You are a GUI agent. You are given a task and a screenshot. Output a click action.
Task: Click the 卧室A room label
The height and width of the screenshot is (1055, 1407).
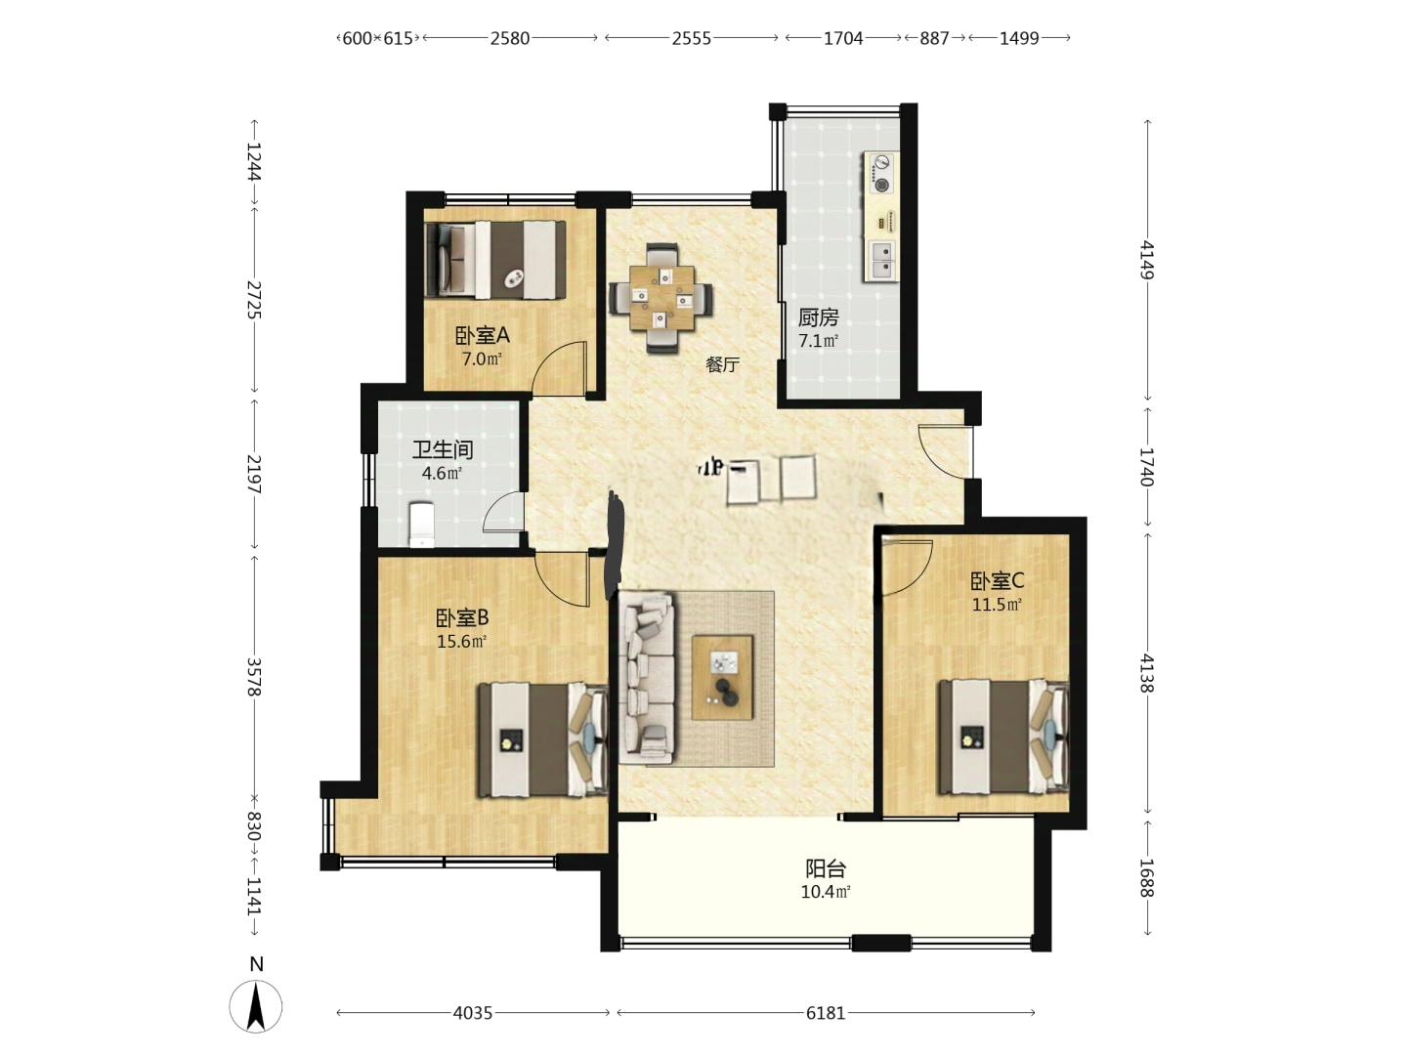(x=482, y=335)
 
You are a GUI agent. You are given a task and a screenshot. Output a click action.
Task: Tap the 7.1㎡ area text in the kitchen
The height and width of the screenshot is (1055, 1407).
(x=818, y=341)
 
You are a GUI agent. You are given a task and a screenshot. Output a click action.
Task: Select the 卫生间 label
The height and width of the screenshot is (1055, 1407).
(x=443, y=449)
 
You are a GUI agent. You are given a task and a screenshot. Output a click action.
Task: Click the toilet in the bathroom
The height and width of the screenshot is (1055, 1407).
(x=421, y=525)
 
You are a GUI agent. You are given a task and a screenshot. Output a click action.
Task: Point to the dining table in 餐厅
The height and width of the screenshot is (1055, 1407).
(x=661, y=298)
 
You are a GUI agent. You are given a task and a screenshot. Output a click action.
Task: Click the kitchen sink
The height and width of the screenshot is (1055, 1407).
(x=882, y=259)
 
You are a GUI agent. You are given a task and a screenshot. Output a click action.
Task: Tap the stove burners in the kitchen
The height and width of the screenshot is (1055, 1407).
(x=881, y=173)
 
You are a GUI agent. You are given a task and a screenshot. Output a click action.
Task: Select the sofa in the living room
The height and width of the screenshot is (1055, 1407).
(x=647, y=679)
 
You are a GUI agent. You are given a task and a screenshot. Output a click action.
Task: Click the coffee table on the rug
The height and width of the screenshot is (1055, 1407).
(x=722, y=678)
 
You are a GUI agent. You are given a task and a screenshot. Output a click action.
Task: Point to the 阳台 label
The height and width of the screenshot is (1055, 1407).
(x=826, y=869)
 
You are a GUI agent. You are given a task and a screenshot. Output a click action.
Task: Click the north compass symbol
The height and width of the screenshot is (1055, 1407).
(x=256, y=1006)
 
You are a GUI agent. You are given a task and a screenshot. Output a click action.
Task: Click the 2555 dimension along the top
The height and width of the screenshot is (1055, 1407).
(x=691, y=38)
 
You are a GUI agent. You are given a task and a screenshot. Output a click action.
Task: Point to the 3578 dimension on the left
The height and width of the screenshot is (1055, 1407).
(x=254, y=676)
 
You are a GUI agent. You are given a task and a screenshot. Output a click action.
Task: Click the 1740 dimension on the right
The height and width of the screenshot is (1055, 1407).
(x=1147, y=466)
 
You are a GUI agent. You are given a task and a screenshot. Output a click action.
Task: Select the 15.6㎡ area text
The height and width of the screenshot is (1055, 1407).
(x=461, y=641)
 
